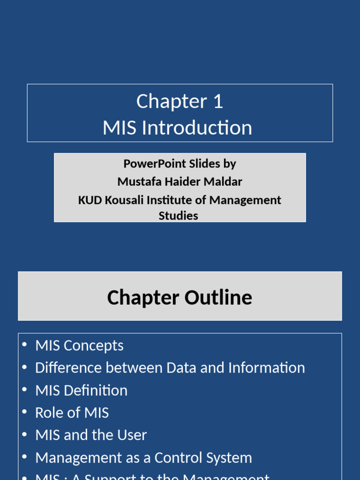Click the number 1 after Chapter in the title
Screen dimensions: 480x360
[217, 102]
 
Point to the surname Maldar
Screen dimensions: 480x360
[222, 181]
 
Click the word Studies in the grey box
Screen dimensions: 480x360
[178, 216]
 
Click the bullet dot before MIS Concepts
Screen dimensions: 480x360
[24, 345]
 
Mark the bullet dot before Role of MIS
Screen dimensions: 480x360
[24, 412]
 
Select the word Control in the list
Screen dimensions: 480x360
[180, 457]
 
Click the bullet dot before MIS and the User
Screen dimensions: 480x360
[24, 435]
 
